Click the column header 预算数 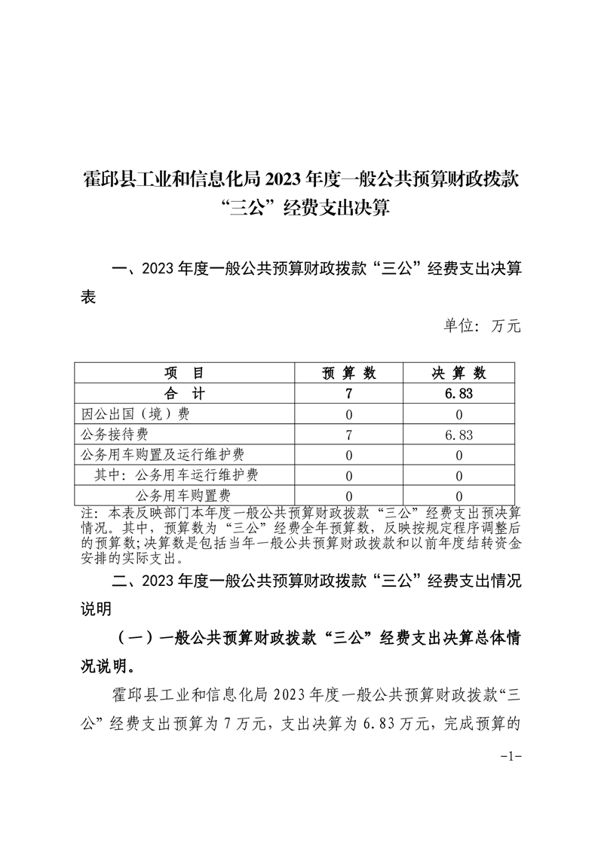pyautogui.click(x=349, y=374)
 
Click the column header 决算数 pyautogui.click(x=458, y=374)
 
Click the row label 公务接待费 pyautogui.click(x=114, y=435)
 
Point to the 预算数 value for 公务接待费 pyautogui.click(x=349, y=435)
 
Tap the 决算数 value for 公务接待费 pyautogui.click(x=458, y=435)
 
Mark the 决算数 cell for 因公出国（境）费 pyautogui.click(x=458, y=414)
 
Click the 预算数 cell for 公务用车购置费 pyautogui.click(x=349, y=495)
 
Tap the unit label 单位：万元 pyautogui.click(x=482, y=326)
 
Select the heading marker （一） pyautogui.click(x=136, y=638)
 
